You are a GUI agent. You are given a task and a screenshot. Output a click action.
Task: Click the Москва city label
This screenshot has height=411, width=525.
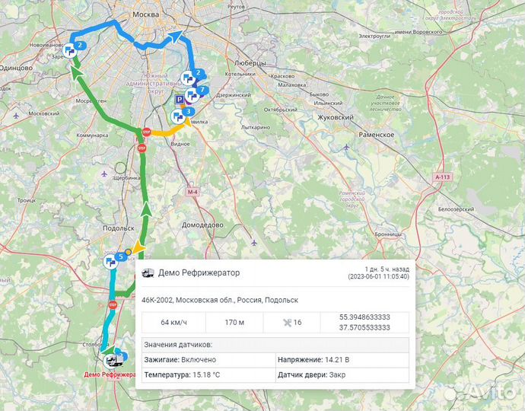145,14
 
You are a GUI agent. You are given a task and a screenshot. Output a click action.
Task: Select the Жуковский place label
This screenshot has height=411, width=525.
335,118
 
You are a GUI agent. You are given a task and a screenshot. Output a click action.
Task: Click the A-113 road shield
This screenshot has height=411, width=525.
443,177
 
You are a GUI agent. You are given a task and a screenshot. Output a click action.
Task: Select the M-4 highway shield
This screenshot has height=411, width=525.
192,193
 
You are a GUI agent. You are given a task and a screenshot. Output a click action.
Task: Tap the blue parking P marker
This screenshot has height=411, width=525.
180,99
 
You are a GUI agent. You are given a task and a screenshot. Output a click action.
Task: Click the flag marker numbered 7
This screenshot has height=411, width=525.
193,95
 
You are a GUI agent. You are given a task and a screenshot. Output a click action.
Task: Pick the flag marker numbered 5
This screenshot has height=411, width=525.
112,261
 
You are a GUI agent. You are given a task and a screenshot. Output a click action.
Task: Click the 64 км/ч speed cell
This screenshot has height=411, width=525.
174,322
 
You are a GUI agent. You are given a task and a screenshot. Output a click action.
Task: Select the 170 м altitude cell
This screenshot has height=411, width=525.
234,322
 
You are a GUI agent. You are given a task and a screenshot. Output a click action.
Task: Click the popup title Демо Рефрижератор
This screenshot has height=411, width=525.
199,272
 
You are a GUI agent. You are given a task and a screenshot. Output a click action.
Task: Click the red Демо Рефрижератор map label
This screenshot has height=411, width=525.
110,374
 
